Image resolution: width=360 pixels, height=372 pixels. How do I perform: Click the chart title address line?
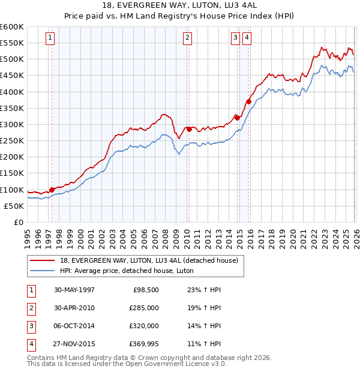click(180, 5)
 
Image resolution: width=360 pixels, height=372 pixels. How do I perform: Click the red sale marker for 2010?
click(189, 129)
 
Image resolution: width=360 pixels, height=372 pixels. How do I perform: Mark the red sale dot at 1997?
click(52, 190)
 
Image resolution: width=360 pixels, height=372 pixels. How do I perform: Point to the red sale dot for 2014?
click(237, 118)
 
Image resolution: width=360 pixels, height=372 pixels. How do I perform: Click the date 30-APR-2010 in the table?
click(74, 308)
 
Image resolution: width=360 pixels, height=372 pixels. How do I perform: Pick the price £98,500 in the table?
click(146, 290)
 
